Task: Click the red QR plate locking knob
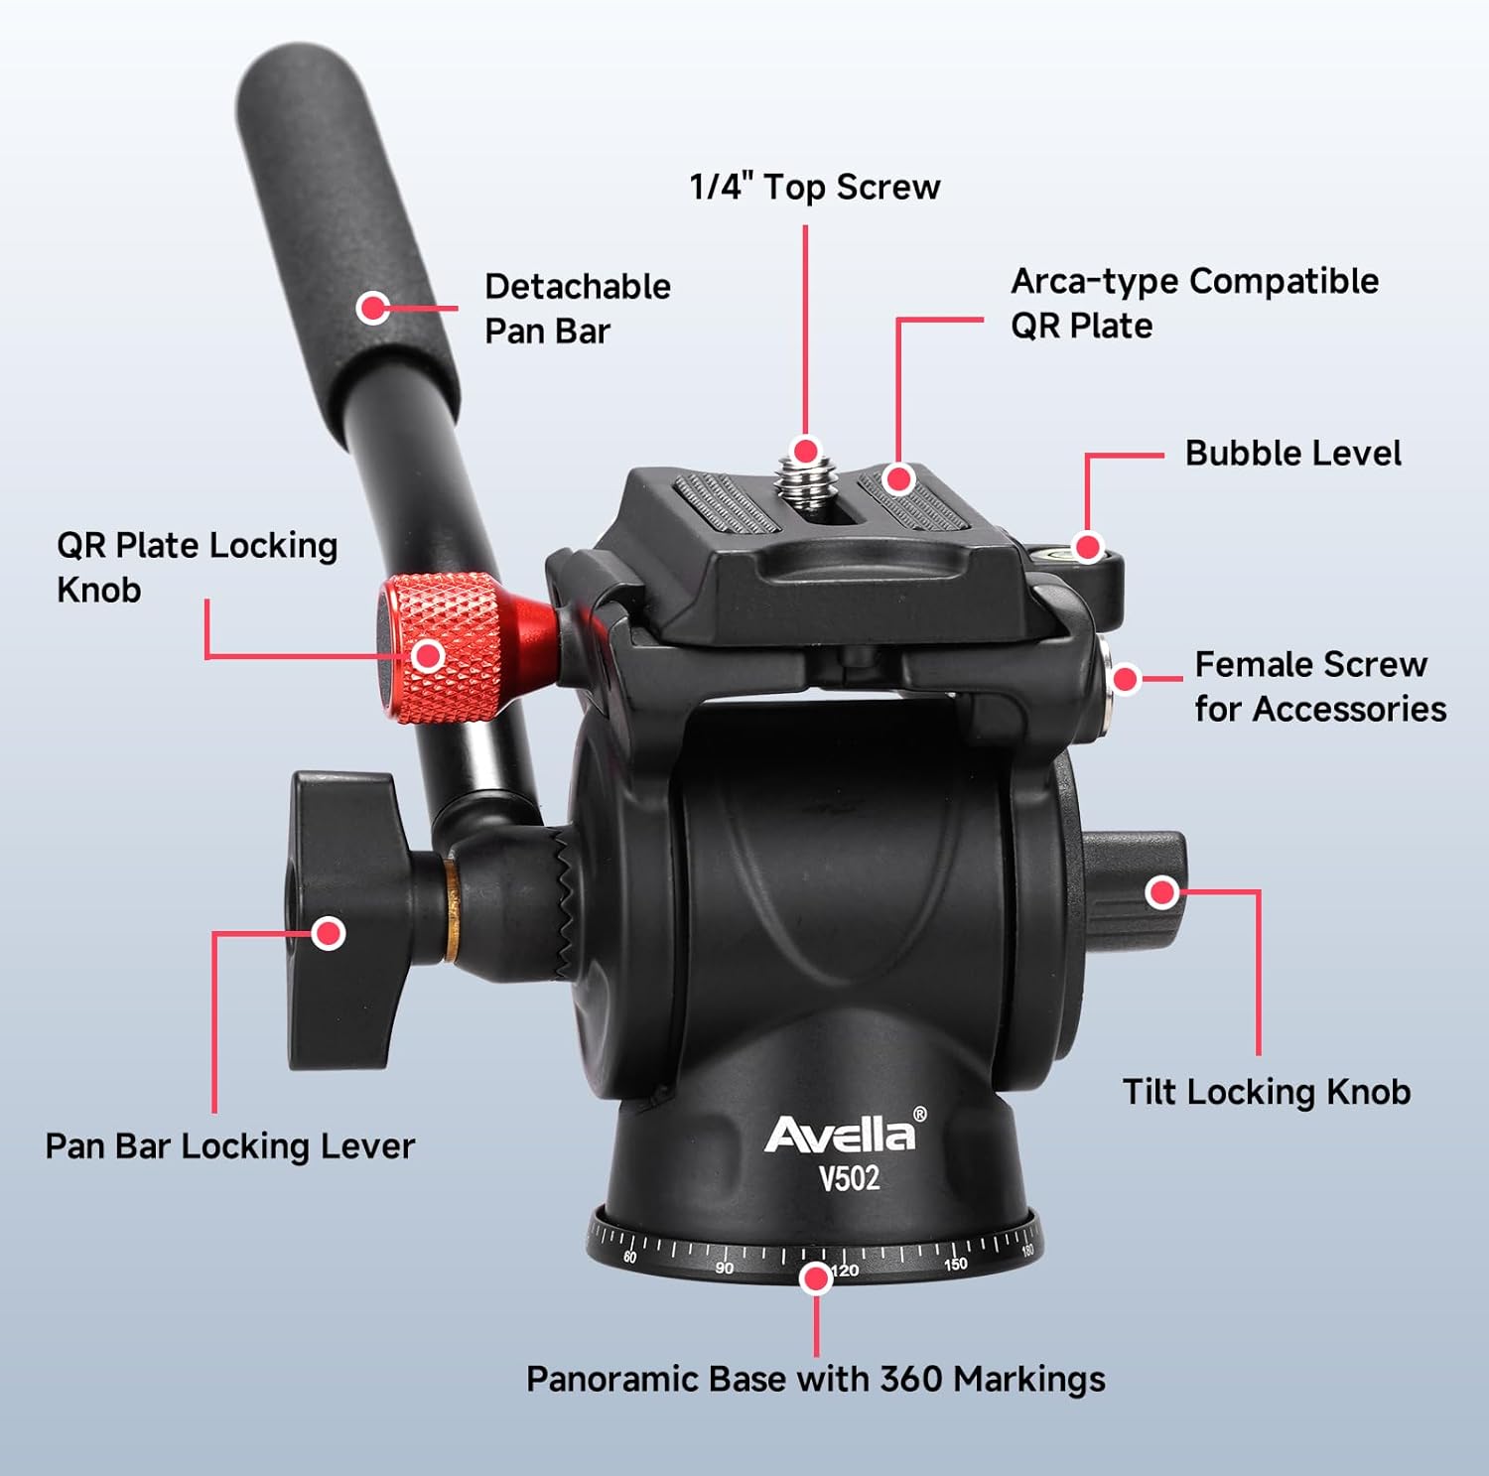click(442, 647)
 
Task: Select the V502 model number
click(849, 1178)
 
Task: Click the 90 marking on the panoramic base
click(725, 1268)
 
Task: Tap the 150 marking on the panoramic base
click(955, 1264)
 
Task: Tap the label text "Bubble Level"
click(1292, 453)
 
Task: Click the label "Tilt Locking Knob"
click(1267, 1092)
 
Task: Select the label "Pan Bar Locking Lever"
click(229, 1146)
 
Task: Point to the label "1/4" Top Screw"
click(815, 187)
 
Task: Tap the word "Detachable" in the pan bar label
click(578, 286)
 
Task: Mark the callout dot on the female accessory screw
click(1125, 679)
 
